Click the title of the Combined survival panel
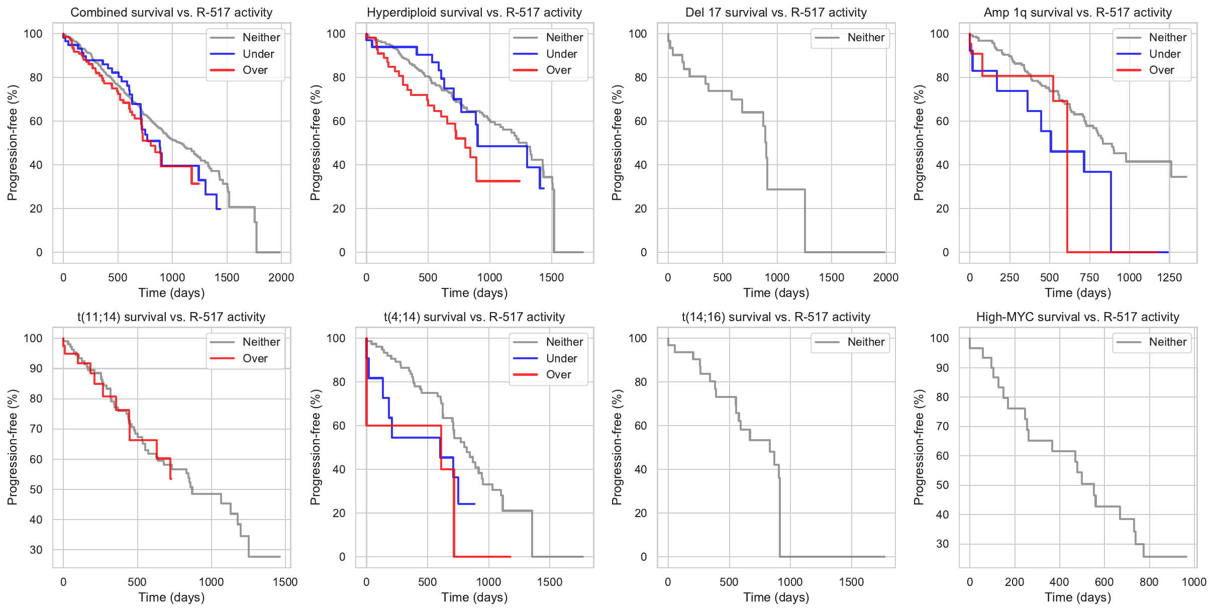171,13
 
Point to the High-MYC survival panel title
1077,317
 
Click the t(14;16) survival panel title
776,317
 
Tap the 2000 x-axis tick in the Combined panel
281,277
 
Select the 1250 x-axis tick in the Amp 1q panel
1169,277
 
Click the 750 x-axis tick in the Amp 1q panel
1089,277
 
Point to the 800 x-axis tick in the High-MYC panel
1149,582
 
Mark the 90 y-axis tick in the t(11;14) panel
36,368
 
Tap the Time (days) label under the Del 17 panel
776,293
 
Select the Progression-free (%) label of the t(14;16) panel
617,447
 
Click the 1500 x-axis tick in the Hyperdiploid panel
551,277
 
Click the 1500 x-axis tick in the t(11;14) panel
285,582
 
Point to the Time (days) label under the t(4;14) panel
474,597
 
